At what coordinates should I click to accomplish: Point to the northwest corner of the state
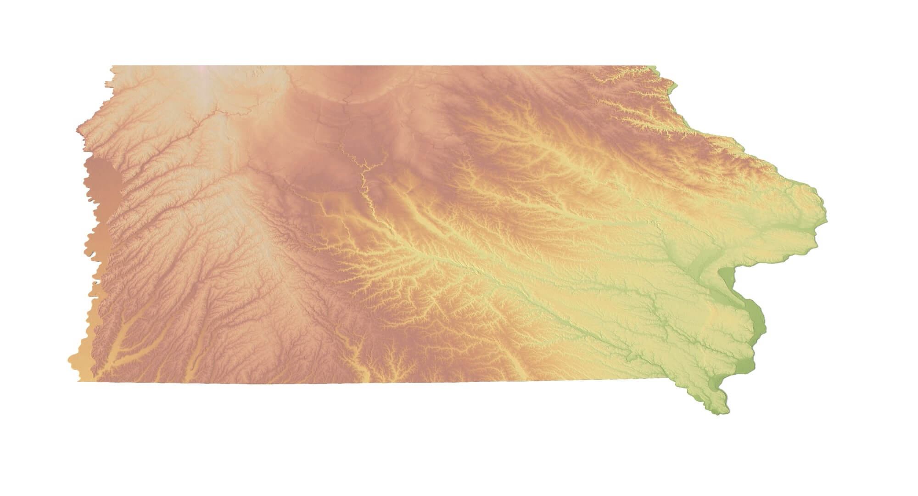click(x=112, y=67)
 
